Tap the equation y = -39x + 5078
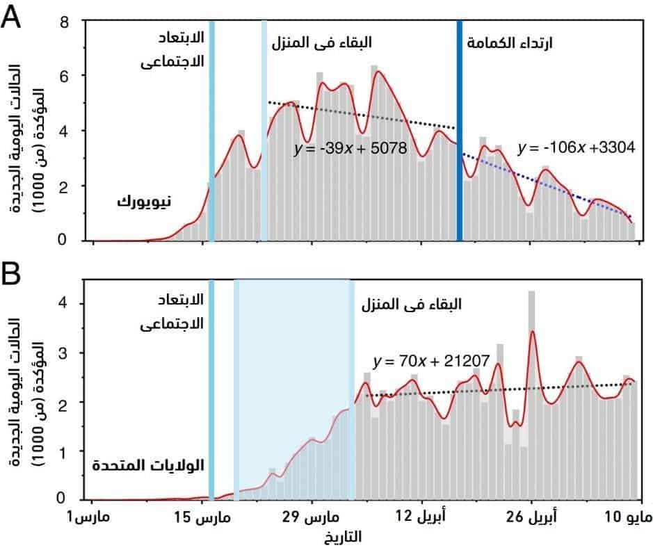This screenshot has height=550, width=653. (349, 149)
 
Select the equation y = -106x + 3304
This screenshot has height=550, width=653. (577, 147)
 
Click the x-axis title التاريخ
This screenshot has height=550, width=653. (342, 537)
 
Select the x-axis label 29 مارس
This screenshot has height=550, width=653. (312, 518)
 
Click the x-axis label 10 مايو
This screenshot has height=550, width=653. (631, 518)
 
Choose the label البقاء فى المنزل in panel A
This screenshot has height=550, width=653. (321, 42)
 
